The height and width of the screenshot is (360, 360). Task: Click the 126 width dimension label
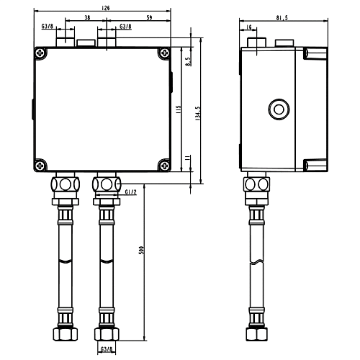(105, 8)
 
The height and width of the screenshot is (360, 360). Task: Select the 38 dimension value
(87, 17)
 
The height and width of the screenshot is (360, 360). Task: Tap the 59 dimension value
(149, 17)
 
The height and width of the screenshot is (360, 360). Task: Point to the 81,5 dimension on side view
(282, 18)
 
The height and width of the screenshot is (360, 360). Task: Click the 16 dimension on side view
(249, 27)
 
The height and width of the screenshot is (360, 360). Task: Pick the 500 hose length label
(142, 250)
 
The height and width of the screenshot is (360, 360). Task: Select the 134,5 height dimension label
(198, 113)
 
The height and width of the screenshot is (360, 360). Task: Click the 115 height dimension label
(179, 109)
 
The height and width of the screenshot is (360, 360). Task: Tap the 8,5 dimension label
(189, 61)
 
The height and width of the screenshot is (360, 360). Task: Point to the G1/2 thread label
(131, 192)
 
